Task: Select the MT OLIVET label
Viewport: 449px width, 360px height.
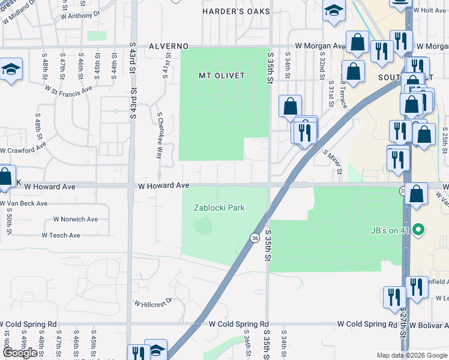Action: [x=222, y=76]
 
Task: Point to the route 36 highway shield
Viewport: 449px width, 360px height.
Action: [x=255, y=239]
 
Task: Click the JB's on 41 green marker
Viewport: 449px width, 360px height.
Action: [x=420, y=229]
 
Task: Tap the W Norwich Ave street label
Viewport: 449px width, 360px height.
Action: [x=75, y=220]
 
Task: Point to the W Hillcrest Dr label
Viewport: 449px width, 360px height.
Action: [x=153, y=304]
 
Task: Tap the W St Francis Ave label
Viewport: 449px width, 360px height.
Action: [x=68, y=89]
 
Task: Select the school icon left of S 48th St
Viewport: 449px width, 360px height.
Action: [x=11, y=71]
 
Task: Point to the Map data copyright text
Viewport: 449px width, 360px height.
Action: [x=411, y=355]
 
